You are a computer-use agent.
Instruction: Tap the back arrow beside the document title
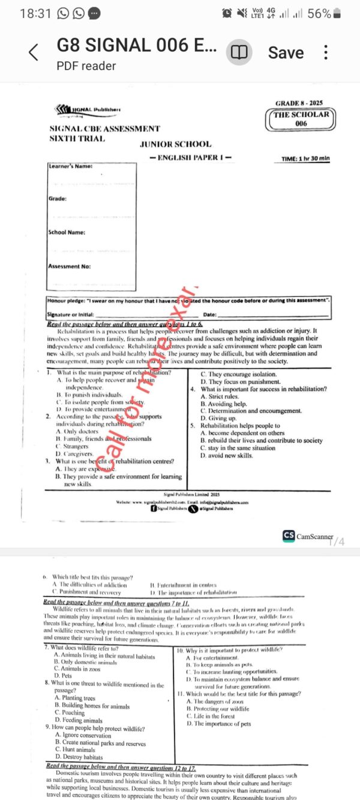pos(34,53)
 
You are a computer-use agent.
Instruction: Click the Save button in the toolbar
pos(286,53)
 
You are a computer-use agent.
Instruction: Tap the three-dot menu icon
pos(326,52)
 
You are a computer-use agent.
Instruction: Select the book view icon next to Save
pos(239,53)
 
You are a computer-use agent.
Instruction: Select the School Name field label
pos(67,232)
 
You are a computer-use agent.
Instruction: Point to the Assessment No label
pos(69,266)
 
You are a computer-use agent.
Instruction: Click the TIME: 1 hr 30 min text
pos(306,158)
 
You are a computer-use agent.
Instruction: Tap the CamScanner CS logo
pos(289,536)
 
